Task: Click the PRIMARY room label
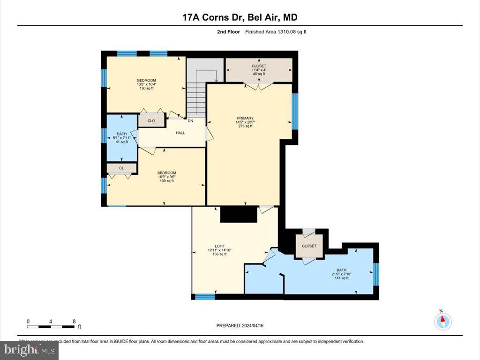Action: click(245, 118)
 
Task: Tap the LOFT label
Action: click(219, 246)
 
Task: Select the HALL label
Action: click(180, 133)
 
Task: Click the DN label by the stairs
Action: click(190, 121)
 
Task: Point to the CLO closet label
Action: click(151, 121)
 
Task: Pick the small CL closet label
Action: click(121, 168)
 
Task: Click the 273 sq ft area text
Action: click(245, 127)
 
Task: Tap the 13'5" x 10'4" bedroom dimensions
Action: click(146, 84)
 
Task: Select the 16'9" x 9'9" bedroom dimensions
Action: click(166, 177)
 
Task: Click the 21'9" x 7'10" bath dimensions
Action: click(341, 274)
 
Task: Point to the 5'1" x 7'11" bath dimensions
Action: click(121, 137)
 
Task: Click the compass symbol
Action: click(442, 321)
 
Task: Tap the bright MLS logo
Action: click(29, 350)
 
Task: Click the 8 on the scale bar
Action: click(74, 322)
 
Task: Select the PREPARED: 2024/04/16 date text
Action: click(243, 326)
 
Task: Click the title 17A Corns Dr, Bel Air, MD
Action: click(240, 17)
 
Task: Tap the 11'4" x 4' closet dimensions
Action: click(259, 70)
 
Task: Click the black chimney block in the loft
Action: click(239, 214)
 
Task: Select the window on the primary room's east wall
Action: click(295, 111)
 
